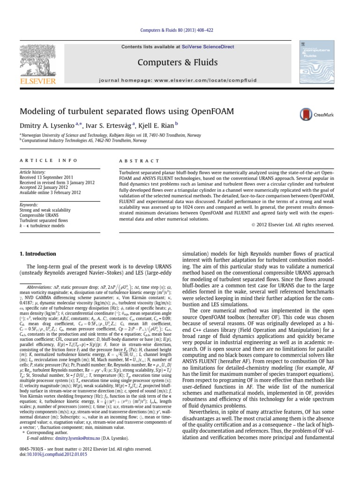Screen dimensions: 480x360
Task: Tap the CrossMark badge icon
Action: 307,114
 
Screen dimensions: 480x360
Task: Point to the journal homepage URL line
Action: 180,80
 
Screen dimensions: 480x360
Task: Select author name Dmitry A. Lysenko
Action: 50,126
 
